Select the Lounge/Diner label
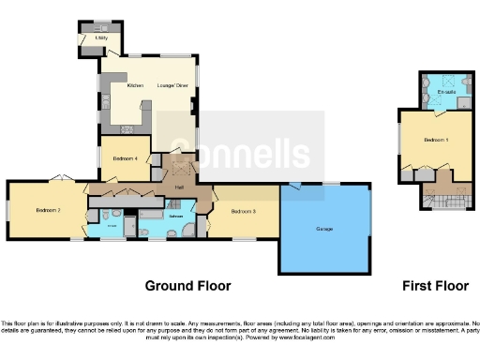point(171,85)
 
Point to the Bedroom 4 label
point(125,158)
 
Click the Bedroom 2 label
point(48,211)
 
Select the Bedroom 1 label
point(435,140)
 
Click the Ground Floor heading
point(187,285)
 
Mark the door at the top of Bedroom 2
point(58,178)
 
